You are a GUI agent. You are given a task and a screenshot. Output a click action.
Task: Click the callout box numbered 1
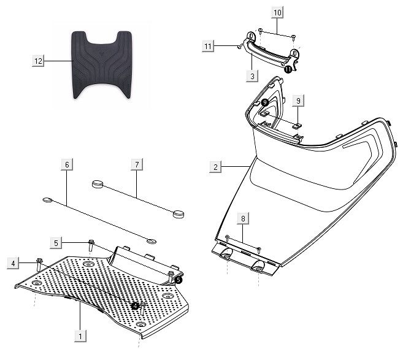79,335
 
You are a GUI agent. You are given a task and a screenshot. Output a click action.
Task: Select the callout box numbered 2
215,167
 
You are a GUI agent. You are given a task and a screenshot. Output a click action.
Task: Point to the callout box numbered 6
67,164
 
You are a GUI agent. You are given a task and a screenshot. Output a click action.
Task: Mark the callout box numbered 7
137,164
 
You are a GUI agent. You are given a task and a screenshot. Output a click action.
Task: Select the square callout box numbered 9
297,99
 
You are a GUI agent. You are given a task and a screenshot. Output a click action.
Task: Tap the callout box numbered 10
277,12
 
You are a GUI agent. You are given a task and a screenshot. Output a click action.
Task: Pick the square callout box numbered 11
208,45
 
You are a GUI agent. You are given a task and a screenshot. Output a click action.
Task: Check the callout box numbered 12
39,60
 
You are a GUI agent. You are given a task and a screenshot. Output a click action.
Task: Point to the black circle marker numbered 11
288,70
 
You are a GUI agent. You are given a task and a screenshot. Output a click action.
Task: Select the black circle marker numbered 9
264,102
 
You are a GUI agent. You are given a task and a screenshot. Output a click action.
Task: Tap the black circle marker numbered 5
179,279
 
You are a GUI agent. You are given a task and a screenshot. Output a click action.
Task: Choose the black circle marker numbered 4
134,305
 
